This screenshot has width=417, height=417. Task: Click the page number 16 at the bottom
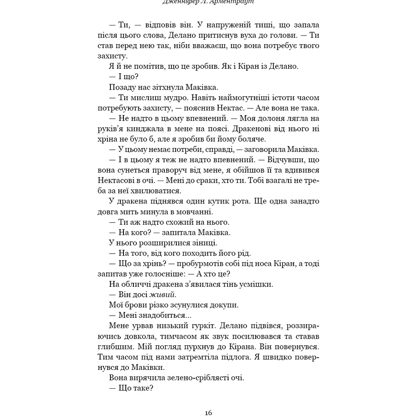pos(208,413)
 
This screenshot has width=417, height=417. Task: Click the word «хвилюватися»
pos(158,191)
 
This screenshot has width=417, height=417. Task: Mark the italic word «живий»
pos(156,295)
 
